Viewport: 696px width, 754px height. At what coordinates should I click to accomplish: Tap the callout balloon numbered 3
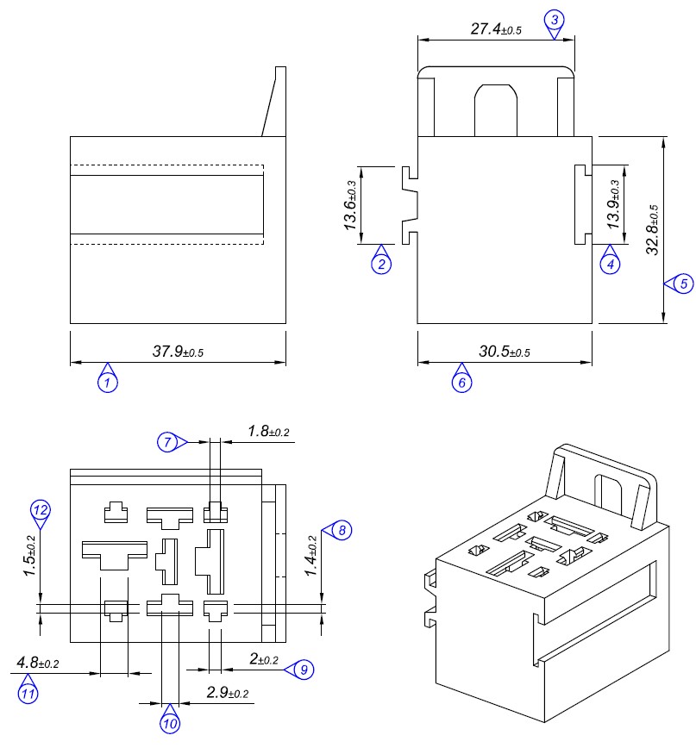tap(555, 20)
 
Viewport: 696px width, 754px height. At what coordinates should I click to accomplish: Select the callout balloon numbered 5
tap(682, 283)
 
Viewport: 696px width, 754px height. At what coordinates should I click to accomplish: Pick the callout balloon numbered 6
tap(461, 382)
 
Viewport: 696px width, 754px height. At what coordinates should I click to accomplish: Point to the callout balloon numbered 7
tap(168, 442)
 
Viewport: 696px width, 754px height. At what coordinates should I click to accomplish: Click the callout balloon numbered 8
tap(342, 530)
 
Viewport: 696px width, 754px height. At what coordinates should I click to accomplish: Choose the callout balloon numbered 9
tap(303, 669)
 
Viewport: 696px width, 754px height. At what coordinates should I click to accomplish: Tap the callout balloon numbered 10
tap(170, 724)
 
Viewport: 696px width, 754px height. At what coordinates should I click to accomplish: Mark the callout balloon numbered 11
tap(28, 692)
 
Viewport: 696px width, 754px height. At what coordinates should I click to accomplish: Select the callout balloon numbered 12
tap(40, 509)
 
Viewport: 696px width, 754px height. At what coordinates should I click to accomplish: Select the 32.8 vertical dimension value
tap(653, 230)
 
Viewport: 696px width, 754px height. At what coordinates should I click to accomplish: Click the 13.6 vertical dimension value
tap(351, 206)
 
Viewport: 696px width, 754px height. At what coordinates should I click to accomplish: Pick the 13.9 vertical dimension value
tap(613, 204)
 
